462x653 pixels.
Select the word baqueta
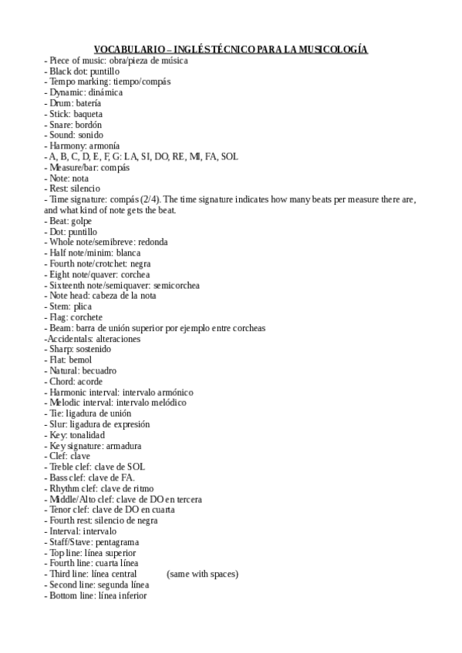87,114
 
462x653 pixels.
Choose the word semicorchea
177,285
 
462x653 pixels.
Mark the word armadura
123,446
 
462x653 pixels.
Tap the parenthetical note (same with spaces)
202,574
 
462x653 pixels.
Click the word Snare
60,125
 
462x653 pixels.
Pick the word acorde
89,381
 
